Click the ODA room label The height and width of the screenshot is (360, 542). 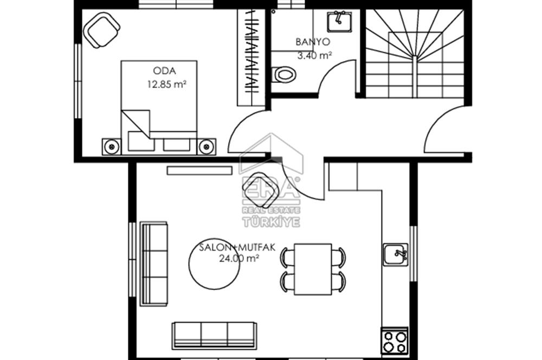coord(164,71)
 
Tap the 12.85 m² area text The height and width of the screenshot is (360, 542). coord(167,84)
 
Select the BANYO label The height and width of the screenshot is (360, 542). coord(313,42)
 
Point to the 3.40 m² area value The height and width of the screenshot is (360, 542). coord(315,55)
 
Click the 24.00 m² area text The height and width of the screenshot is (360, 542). coord(239,258)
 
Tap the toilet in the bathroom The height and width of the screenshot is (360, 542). coord(284,75)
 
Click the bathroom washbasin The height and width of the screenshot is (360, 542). coord(339,22)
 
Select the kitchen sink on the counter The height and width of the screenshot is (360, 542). coord(396,254)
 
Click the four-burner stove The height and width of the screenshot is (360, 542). coord(395,341)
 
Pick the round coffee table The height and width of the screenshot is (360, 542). coord(214,264)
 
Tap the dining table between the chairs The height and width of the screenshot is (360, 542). coord(313,269)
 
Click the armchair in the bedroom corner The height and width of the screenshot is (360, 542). coord(102,30)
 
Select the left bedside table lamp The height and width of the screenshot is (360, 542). coord(112,146)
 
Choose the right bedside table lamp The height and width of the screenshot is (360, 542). coord(207,146)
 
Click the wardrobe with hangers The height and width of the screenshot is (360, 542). coord(251,57)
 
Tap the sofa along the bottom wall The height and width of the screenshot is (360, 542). coord(214,335)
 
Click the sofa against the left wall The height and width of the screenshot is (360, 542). coord(154,264)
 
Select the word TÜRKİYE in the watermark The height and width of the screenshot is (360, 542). coord(272,222)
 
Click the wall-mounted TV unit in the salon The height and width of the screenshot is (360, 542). coord(199,170)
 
